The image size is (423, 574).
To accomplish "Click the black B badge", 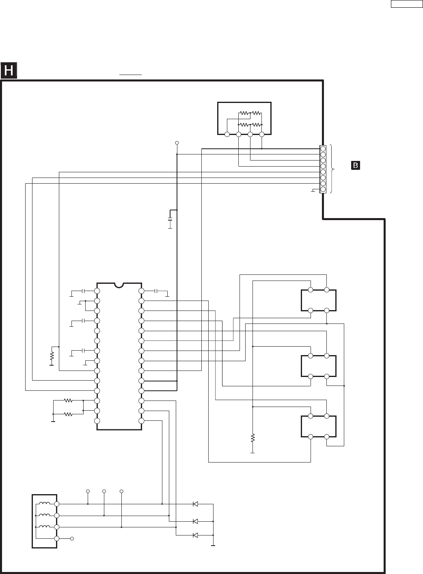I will (x=356, y=165).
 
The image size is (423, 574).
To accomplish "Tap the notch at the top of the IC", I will (x=119, y=285).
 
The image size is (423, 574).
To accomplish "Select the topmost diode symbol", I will (x=195, y=504).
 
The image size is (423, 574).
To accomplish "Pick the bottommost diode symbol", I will (x=195, y=535).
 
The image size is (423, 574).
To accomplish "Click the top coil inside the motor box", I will (x=45, y=504).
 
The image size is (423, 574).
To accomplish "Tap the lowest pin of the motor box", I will (x=57, y=538).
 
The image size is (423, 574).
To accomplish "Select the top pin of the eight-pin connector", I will (x=323, y=149).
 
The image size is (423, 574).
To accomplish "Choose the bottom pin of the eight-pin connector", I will (x=323, y=189).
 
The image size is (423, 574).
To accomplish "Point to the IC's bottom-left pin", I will (x=97, y=421).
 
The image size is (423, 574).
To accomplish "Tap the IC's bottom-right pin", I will (x=141, y=421).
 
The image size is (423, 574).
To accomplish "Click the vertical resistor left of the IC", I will (x=52, y=356).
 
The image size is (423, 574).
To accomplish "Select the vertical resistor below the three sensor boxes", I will (x=253, y=438).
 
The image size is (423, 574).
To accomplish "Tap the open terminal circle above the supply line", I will (x=177, y=143).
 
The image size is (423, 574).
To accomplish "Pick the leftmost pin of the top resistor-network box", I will (x=227, y=134).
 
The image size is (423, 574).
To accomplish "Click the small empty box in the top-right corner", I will (x=406, y=4).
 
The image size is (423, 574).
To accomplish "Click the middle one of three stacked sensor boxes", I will (x=319, y=366).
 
